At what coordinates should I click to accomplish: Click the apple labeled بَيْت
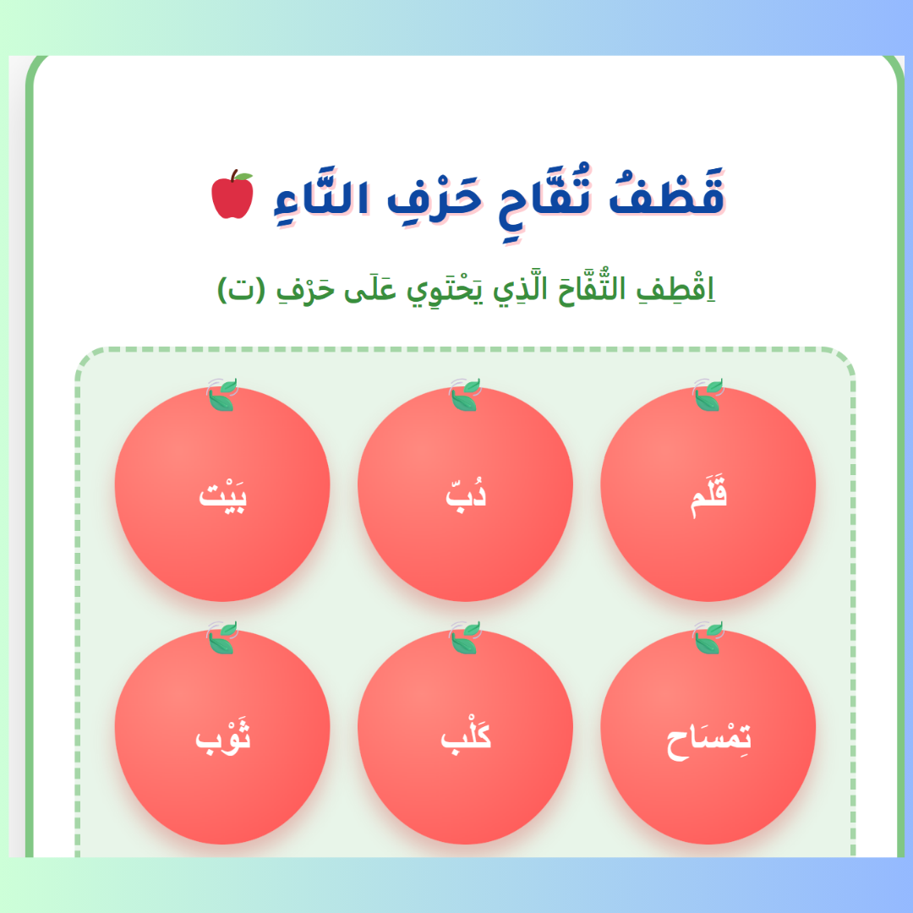coord(222,494)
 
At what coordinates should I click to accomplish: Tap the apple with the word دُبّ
coord(465,494)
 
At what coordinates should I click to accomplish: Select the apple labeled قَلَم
coord(708,494)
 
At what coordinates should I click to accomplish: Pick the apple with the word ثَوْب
coord(222,736)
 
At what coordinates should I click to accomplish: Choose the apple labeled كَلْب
coord(465,736)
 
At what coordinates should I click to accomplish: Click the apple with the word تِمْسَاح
coord(708,736)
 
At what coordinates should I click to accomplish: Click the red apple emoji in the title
coord(232,194)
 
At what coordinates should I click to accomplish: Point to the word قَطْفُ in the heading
coord(667,192)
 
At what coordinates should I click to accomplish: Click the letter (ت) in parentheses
coord(241,290)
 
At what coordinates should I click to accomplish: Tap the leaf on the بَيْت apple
coord(222,395)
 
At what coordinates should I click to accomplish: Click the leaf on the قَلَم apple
coord(708,395)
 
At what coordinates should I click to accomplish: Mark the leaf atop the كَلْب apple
coord(465,637)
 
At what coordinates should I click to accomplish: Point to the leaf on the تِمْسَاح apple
coord(708,637)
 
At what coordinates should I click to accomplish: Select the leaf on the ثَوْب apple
coord(222,637)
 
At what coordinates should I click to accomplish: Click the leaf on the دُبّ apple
coord(465,395)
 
